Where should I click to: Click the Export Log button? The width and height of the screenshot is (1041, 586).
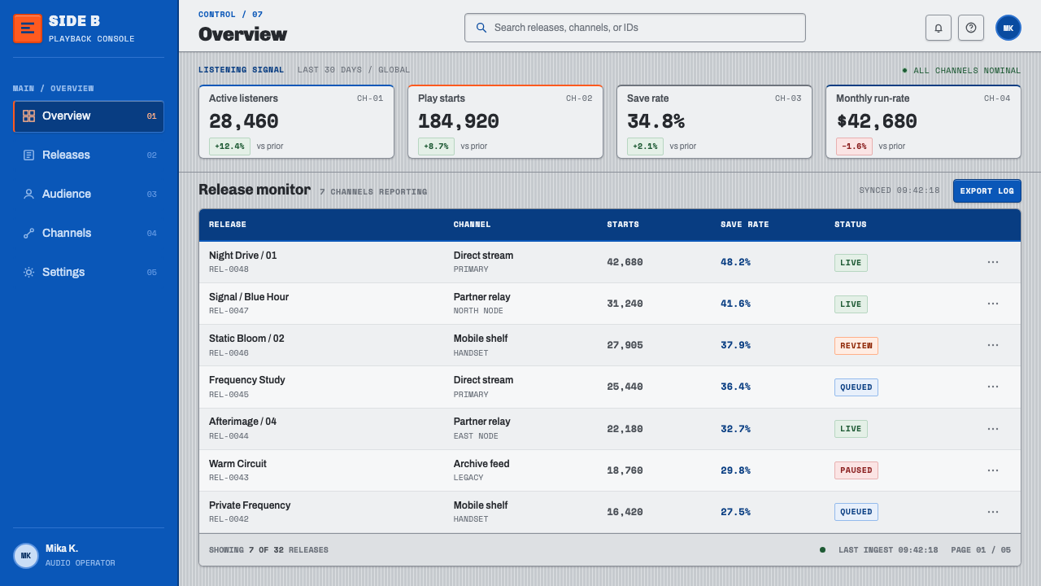[x=987, y=190]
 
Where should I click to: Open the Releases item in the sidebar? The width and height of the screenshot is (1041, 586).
[x=89, y=155]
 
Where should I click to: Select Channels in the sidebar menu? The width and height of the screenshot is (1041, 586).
[x=89, y=233]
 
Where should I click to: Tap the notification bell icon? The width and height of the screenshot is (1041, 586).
[x=939, y=28]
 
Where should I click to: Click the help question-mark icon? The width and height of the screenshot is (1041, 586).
[x=971, y=28]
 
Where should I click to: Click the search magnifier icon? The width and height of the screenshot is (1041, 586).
[x=481, y=28]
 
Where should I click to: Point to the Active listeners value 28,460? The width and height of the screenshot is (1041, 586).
[x=243, y=121]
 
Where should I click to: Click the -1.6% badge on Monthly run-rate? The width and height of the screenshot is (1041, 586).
[x=854, y=146]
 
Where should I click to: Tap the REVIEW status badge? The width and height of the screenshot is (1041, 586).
[x=856, y=346]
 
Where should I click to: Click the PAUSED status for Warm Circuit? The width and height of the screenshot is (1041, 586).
[x=856, y=470]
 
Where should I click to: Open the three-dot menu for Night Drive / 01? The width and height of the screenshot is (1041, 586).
[x=993, y=262]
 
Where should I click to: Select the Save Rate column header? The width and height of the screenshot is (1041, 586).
[x=744, y=224]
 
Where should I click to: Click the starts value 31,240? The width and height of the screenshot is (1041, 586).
[x=625, y=304]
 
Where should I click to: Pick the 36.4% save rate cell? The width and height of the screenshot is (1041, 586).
[x=735, y=387]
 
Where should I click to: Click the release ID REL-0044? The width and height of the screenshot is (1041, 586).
[x=229, y=435]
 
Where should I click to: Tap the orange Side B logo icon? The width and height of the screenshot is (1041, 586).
[x=28, y=28]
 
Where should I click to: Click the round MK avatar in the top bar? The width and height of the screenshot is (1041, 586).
[x=1008, y=28]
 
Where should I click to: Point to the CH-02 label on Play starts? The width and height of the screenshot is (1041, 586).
[x=578, y=98]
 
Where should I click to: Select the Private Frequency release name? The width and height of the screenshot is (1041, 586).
[x=250, y=505]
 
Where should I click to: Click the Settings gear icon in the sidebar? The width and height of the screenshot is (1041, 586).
[x=28, y=272]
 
